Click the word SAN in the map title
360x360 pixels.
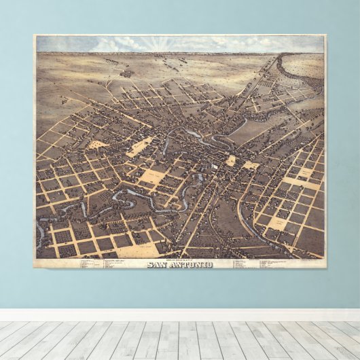pos(158,264)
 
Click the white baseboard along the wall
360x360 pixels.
pos(180,315)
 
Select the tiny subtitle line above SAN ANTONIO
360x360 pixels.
pos(179,259)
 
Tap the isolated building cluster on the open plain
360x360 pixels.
pos(126,73)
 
